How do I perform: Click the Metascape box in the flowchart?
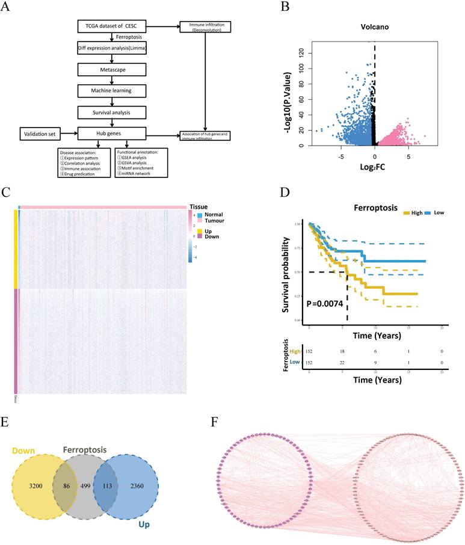[x=112, y=70]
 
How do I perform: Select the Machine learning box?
[x=112, y=91]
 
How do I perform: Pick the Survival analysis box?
[x=112, y=112]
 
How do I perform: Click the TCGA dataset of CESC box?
[x=112, y=27]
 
